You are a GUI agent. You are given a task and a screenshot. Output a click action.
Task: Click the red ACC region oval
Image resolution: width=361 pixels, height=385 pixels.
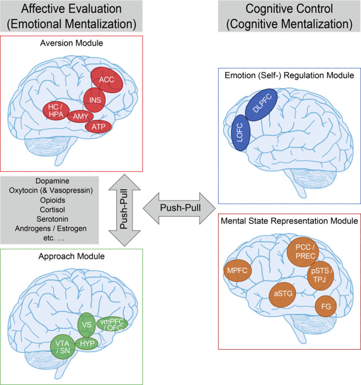point(107,79)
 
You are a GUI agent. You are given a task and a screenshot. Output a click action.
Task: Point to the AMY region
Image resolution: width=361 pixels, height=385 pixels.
point(81,117)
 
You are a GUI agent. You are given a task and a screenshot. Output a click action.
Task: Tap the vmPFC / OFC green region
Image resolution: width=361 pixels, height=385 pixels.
point(112,324)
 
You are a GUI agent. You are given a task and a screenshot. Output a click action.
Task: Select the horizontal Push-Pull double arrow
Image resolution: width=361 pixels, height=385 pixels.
point(179,208)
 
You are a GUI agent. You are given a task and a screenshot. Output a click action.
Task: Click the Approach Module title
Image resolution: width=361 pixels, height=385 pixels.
point(72,257)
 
